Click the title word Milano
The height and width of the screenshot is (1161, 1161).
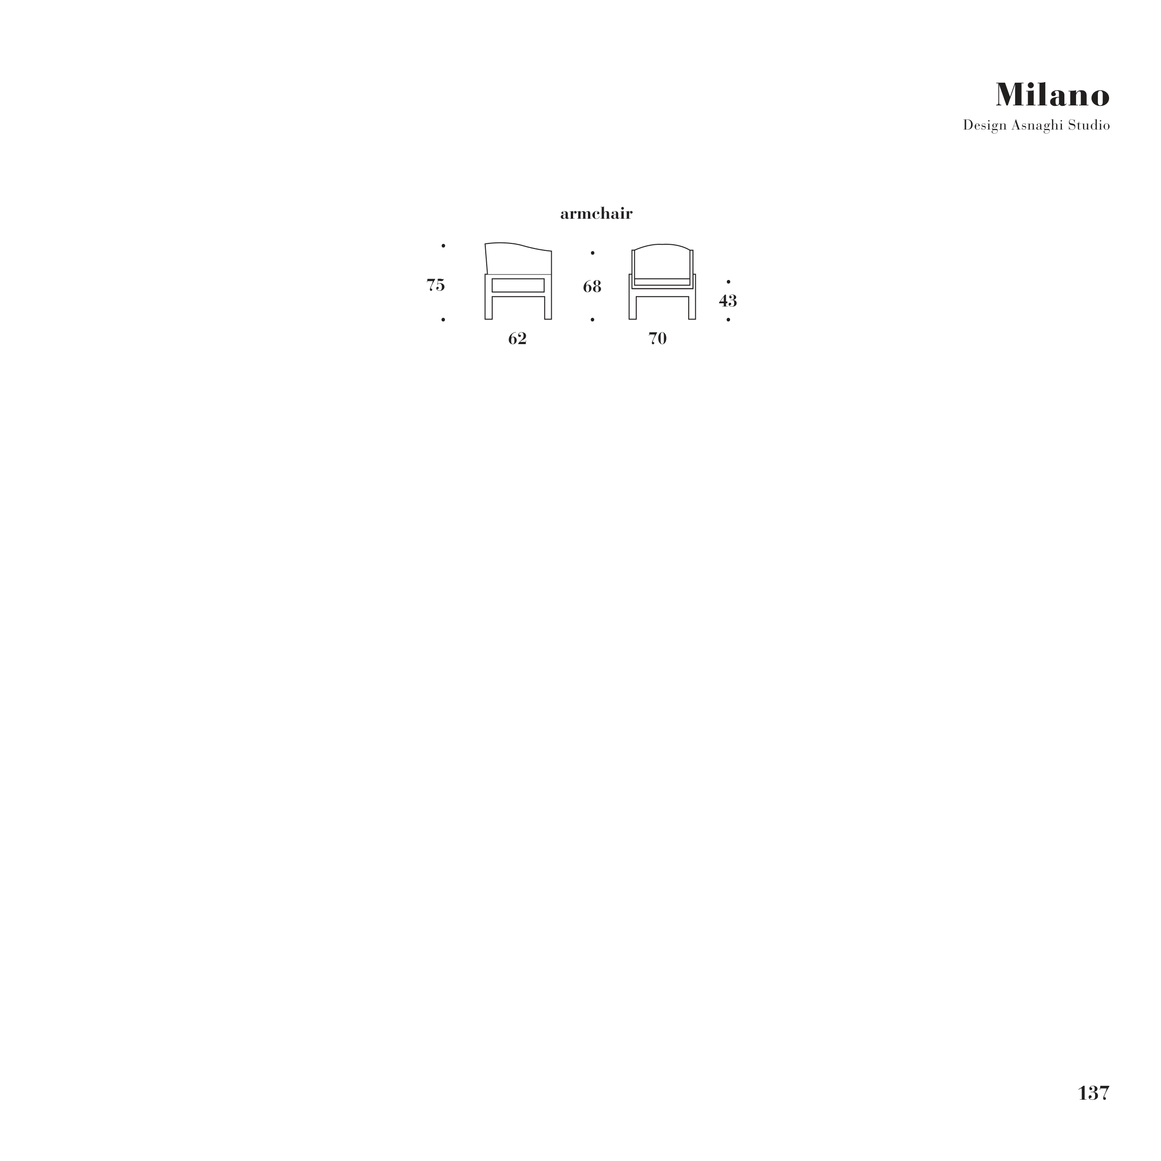tap(1052, 95)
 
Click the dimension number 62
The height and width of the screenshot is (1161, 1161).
tap(517, 339)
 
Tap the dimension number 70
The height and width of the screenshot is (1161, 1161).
tap(658, 339)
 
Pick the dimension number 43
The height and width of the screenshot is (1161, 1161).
tap(728, 300)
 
